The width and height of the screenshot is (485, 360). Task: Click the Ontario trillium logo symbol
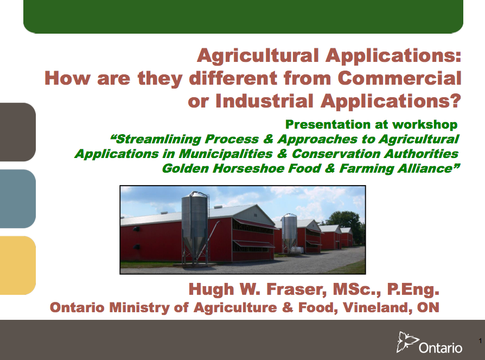pyautogui.click(x=407, y=342)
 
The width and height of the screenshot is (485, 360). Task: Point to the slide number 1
pyautogui.click(x=480, y=340)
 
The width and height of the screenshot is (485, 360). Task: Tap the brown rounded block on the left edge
pyautogui.click(x=17, y=131)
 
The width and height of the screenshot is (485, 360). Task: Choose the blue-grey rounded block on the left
pyautogui.click(x=17, y=198)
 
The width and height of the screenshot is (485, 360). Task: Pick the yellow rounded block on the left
pyautogui.click(x=17, y=265)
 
